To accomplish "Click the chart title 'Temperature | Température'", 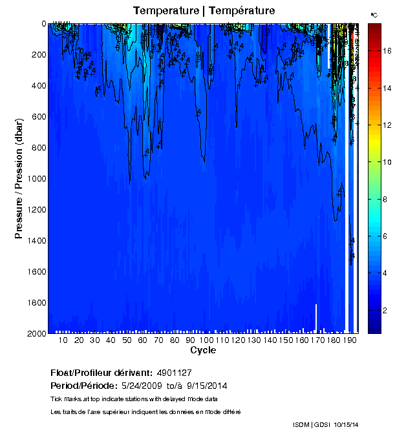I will point(204,10).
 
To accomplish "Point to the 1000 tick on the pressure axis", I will point(32,178).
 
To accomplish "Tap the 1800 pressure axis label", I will point(32,302).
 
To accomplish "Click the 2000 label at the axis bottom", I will point(32,333).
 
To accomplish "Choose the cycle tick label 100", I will point(206,340).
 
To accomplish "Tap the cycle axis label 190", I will point(349,340).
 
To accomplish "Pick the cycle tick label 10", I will point(63,340).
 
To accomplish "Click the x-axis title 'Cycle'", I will point(203,350).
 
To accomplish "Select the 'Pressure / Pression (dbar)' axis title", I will point(19,178).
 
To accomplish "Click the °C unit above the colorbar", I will point(374,14).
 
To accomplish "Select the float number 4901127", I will point(175,373).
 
